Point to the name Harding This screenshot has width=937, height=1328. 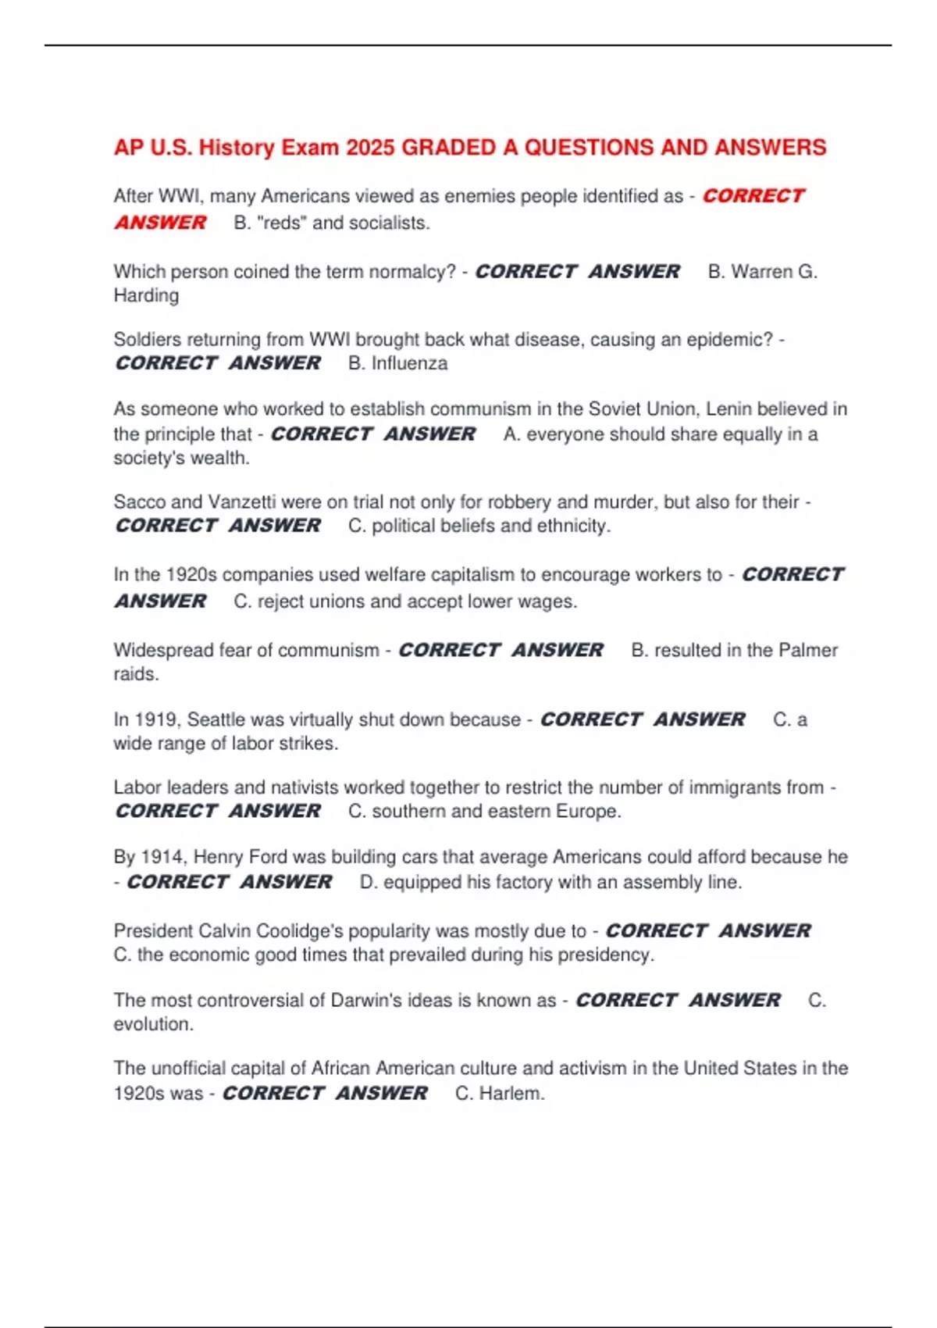pos(146,295)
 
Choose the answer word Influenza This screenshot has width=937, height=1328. pos(409,363)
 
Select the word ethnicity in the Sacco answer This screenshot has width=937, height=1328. pos(569,526)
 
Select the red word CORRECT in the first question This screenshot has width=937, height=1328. pos(753,196)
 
